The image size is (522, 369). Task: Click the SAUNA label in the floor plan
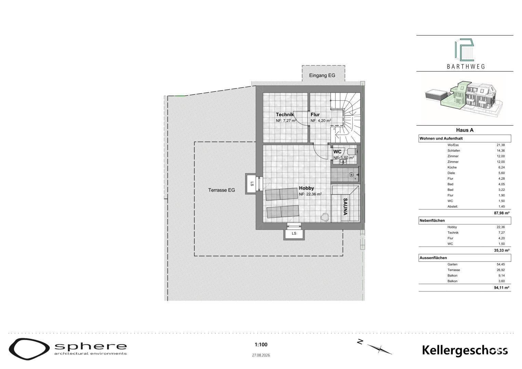pyautogui.click(x=345, y=206)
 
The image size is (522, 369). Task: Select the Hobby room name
pyautogui.click(x=306, y=188)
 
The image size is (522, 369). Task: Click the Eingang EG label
pyautogui.click(x=322, y=76)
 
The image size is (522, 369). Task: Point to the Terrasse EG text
pyautogui.click(x=222, y=190)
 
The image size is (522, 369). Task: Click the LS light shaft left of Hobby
pyautogui.click(x=251, y=184)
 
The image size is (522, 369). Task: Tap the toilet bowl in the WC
pyautogui.click(x=352, y=152)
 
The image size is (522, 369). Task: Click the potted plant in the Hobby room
pyautogui.click(x=325, y=217)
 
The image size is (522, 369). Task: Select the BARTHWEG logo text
pyautogui.click(x=466, y=67)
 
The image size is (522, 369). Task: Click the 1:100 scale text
pyautogui.click(x=261, y=344)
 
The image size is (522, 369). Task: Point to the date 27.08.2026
pyautogui.click(x=261, y=355)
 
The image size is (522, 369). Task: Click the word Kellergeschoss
pyautogui.click(x=465, y=350)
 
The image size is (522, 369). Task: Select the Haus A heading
pyautogui.click(x=465, y=130)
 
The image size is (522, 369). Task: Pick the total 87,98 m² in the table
pyautogui.click(x=501, y=213)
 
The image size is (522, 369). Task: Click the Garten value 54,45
pyautogui.click(x=501, y=264)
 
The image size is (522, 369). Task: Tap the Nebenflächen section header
pyautogui.click(x=432, y=220)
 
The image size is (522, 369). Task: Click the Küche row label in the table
pyautogui.click(x=452, y=167)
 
